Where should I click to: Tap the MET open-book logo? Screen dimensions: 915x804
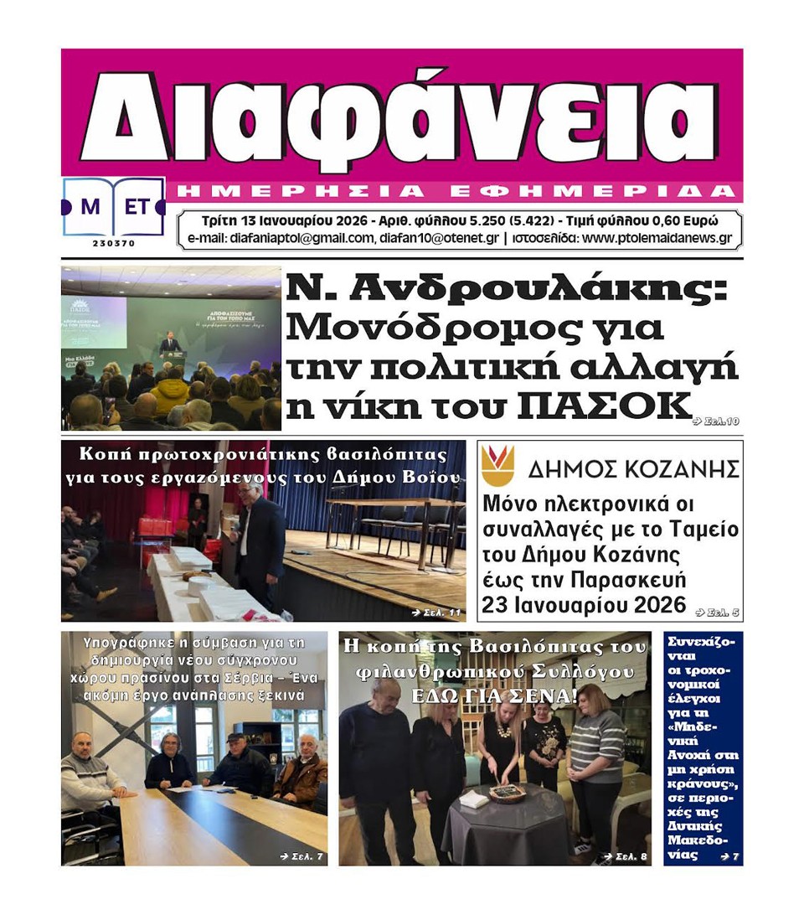click(113, 207)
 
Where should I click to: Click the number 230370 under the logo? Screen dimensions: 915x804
click(113, 243)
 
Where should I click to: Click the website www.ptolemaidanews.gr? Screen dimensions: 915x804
click(657, 238)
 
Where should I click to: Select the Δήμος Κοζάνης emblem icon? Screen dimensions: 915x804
click(497, 466)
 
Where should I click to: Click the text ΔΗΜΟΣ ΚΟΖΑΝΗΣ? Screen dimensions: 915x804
click(633, 468)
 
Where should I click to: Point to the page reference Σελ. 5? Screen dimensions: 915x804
click(718, 613)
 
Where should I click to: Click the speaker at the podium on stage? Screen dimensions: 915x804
click(171, 342)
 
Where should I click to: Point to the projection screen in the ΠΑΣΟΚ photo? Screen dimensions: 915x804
click(94, 323)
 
